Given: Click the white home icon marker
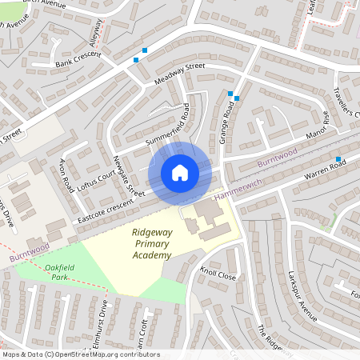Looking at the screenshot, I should [x=180, y=172].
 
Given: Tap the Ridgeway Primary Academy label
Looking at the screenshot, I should [x=150, y=244].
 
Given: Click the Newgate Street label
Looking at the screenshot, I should [x=129, y=175].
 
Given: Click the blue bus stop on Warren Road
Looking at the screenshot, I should [x=338, y=158].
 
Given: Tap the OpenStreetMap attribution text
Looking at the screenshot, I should [x=81, y=354].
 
